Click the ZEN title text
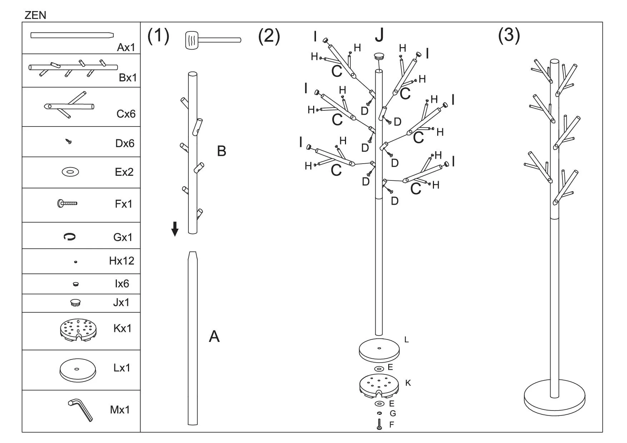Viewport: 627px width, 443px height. [35, 15]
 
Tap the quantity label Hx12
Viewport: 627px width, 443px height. [122, 261]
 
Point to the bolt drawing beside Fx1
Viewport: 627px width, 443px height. [67, 204]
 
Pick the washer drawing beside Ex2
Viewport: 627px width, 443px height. [70, 172]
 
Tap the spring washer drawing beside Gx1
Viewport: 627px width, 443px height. [69, 237]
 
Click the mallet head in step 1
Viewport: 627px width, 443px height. [192, 39]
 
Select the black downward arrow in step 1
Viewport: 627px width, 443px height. [175, 229]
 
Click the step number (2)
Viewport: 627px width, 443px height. [269, 36]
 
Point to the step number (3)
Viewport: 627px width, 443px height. [509, 35]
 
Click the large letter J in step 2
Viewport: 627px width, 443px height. [379, 35]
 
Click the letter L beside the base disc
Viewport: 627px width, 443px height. [406, 340]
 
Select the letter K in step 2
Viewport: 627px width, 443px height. [408, 383]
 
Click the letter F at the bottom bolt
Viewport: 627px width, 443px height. [392, 425]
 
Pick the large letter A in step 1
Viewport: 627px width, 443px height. [214, 337]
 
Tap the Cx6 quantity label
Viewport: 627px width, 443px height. [126, 114]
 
